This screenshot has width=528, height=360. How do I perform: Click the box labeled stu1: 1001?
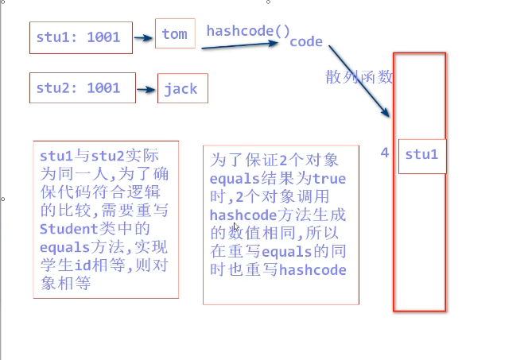pos(80,37)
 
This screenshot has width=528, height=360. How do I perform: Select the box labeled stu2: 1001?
pos(82,87)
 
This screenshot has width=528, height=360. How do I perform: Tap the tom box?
pos(174,33)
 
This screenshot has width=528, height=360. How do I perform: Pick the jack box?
pos(182,88)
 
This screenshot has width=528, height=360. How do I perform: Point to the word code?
pos(306,41)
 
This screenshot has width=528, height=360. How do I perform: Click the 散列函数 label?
pos(359,78)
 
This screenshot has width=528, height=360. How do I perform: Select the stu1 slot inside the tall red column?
pos(421,154)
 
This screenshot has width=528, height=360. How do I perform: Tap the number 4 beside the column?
pos(385,153)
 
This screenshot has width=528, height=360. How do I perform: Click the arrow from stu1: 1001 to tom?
pos(143,37)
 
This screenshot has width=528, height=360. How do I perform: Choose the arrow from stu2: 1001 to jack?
pos(146,89)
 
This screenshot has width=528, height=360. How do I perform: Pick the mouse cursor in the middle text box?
pos(236,227)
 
